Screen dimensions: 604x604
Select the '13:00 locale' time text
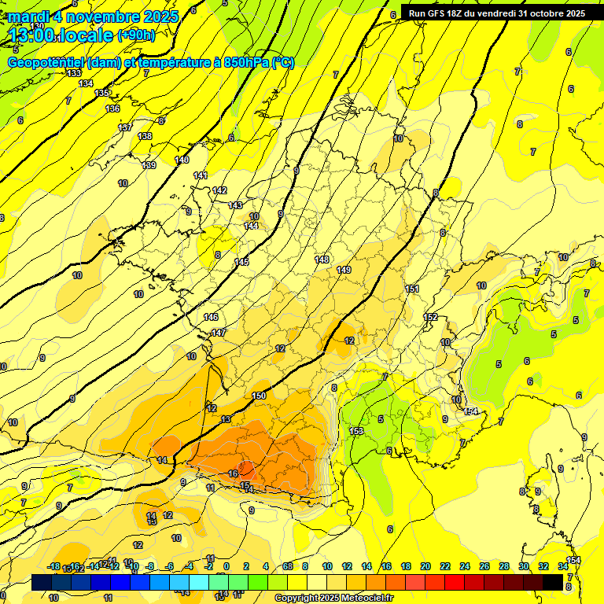tap(61, 35)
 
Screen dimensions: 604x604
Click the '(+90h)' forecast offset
tap(136, 35)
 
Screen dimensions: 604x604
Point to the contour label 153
tap(356, 431)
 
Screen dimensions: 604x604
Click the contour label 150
tap(260, 396)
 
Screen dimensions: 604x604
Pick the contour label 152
tap(431, 317)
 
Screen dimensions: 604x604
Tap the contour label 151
tap(412, 289)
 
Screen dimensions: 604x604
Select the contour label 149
tap(344, 270)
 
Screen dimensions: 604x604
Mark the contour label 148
tap(322, 260)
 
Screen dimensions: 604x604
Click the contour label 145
tap(241, 262)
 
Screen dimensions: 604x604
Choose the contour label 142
tap(219, 191)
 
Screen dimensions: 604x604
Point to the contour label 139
tap(149, 165)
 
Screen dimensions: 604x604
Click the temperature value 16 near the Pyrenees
tap(233, 473)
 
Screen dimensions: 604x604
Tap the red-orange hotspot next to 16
tap(246, 467)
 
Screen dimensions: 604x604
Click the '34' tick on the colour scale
tap(563, 566)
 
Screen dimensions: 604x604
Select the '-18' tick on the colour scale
tap(54, 566)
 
